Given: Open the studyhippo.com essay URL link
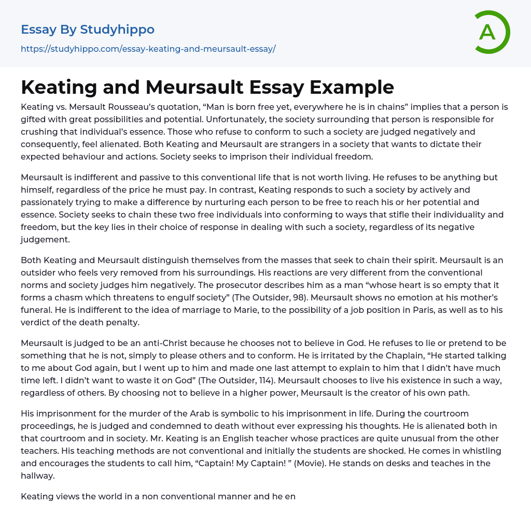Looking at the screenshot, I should tap(148, 49).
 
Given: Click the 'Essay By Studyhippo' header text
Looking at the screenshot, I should tap(88, 30).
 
